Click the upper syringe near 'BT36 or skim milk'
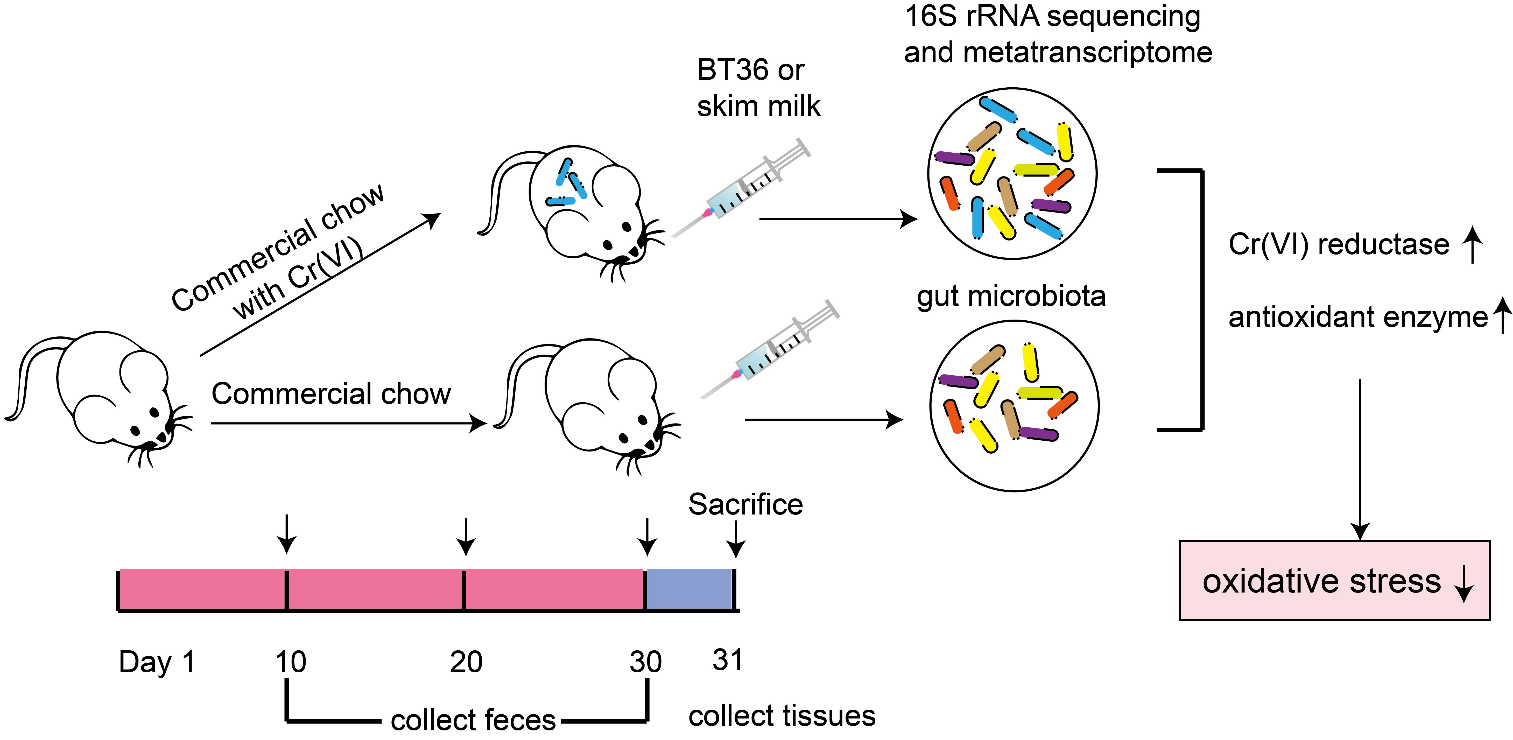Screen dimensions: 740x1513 click(x=741, y=188)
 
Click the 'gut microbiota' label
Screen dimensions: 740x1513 click(x=1011, y=297)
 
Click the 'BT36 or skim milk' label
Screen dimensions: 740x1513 click(x=758, y=88)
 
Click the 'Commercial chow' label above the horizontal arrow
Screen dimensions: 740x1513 click(x=331, y=393)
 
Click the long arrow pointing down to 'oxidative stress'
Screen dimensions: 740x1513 click(x=1360, y=458)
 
